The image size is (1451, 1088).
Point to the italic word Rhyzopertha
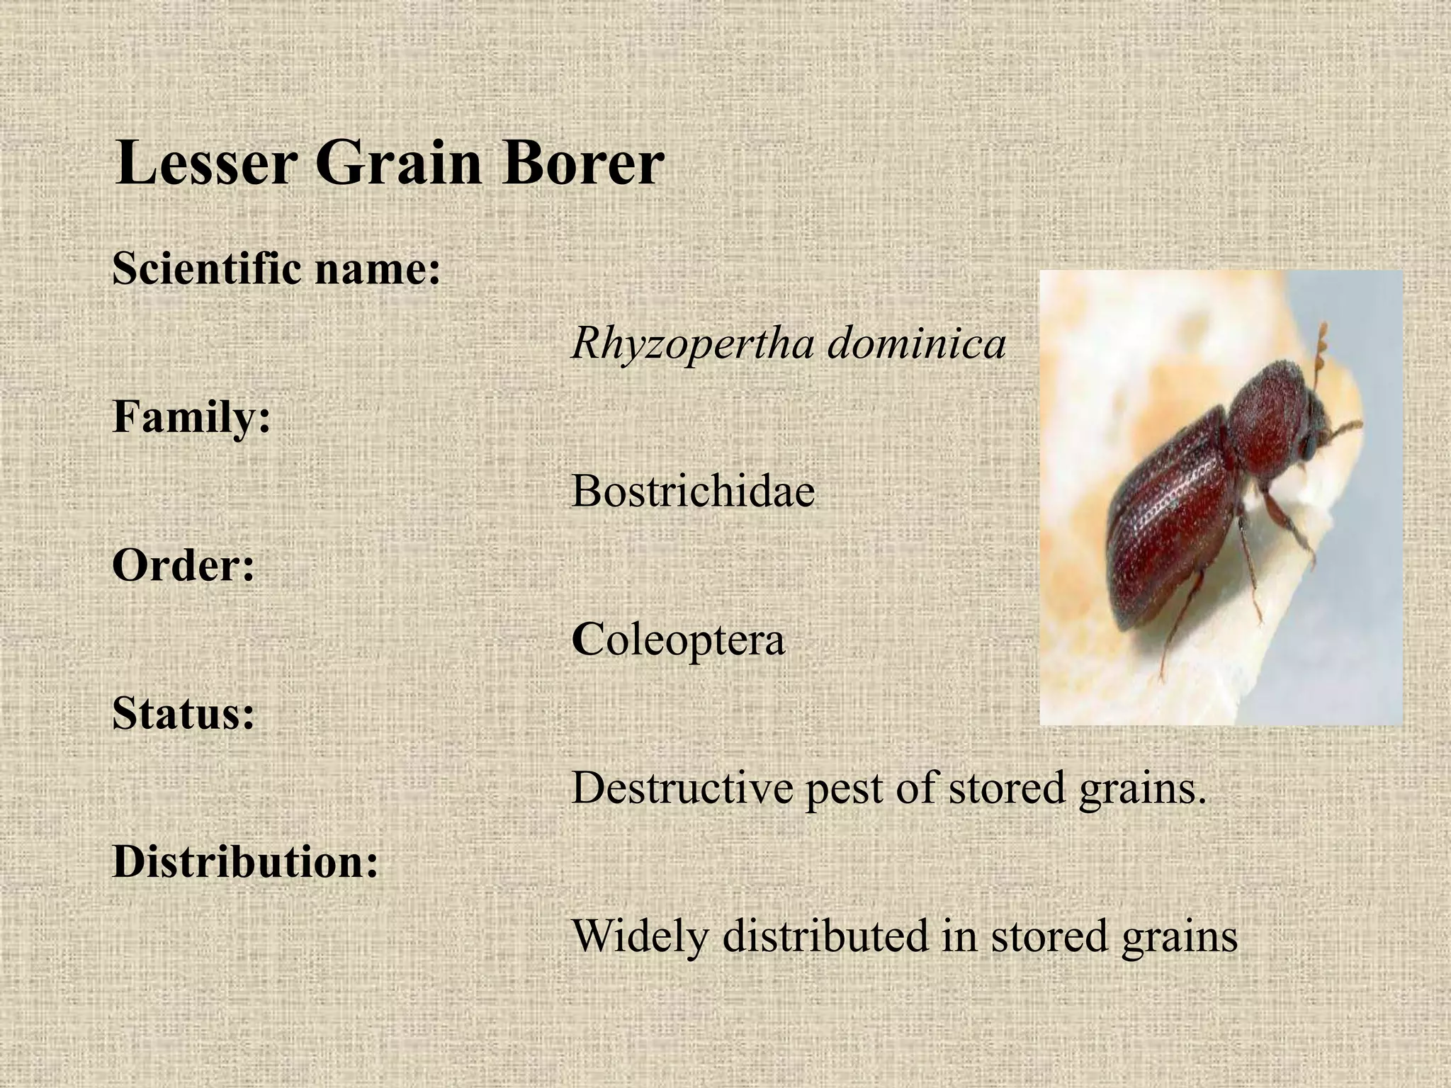click(691, 345)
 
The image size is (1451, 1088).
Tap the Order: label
click(184, 566)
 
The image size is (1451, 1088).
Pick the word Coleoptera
click(678, 640)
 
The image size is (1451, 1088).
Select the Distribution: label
click(245, 862)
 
